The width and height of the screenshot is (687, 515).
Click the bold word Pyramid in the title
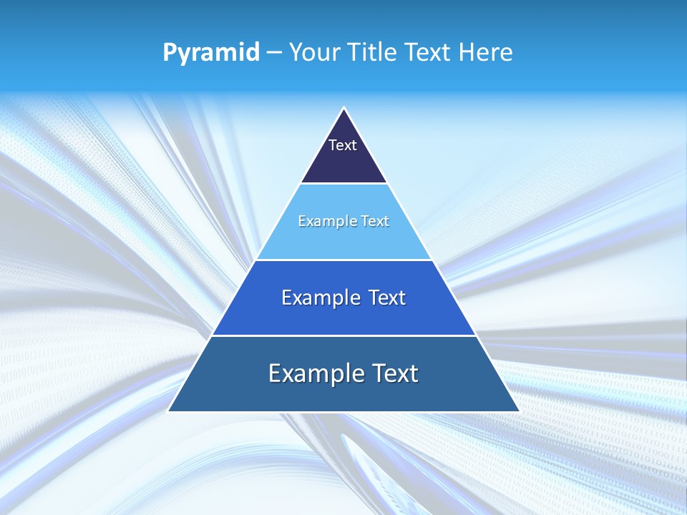pos(210,53)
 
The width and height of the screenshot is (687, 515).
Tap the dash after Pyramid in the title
pos(274,53)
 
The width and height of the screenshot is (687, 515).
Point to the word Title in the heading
pos(373,53)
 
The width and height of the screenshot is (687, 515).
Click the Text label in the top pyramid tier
pos(343,145)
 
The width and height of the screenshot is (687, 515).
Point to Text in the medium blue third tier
pos(387,298)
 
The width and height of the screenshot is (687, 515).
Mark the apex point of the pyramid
pos(344,108)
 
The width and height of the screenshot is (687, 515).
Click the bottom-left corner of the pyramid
pos(169,411)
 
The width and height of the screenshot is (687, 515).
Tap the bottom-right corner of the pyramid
pos(519,411)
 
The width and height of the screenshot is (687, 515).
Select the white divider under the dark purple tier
pos(344,184)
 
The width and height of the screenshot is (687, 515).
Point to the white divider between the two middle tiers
pos(344,260)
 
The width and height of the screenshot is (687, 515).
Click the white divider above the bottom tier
pos(344,335)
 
